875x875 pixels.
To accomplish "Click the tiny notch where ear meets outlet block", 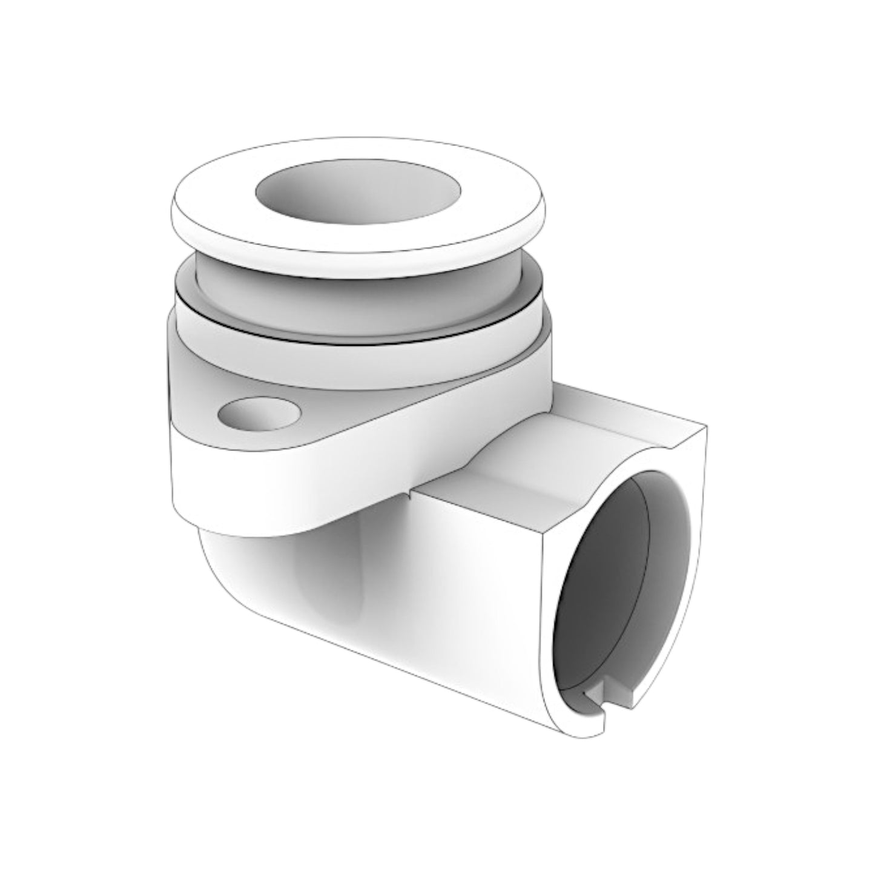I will pyautogui.click(x=412, y=494).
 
